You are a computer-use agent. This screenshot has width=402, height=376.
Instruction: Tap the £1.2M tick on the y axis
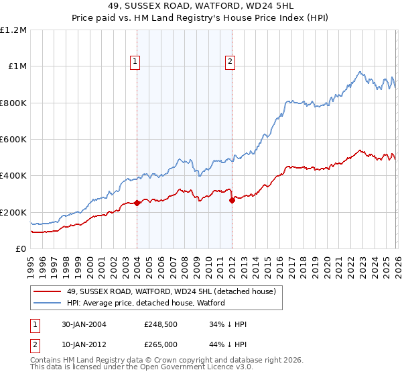(x=13, y=30)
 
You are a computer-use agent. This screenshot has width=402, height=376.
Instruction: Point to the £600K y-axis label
(x=13, y=140)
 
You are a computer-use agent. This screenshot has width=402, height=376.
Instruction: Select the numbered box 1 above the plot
(x=135, y=62)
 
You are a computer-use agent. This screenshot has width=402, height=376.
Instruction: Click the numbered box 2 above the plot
(x=230, y=62)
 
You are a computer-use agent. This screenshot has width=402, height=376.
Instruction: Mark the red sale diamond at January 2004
(x=137, y=203)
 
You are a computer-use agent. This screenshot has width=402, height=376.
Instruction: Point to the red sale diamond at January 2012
(x=232, y=199)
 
